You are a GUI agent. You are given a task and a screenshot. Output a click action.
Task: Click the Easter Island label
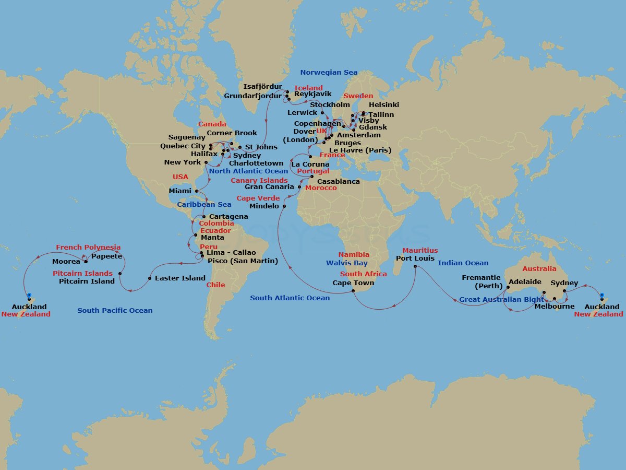click(x=180, y=278)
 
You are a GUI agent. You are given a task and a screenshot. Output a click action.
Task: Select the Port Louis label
click(x=415, y=258)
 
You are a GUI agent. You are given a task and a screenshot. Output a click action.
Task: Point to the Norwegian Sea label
click(x=329, y=73)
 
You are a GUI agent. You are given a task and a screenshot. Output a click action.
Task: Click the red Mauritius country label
click(x=420, y=251)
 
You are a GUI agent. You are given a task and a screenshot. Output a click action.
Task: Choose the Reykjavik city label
click(x=313, y=95)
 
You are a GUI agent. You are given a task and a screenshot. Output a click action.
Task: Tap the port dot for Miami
click(x=197, y=191)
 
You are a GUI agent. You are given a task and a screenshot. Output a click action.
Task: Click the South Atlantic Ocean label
click(x=290, y=298)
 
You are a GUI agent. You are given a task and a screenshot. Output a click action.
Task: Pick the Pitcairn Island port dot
click(x=120, y=274)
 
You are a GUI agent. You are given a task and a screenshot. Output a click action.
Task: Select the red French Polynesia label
click(x=88, y=248)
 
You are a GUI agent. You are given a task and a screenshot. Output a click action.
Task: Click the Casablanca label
click(x=339, y=182)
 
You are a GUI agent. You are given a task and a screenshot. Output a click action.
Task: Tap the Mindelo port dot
click(x=284, y=206)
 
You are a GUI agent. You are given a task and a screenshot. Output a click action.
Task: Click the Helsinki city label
click(x=384, y=105)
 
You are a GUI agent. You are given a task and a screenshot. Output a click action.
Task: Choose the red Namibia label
click(x=354, y=255)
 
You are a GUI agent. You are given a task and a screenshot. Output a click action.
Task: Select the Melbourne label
click(x=555, y=307)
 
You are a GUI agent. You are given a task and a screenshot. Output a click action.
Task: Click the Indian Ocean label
click(x=463, y=263)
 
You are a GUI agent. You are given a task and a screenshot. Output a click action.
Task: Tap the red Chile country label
click(x=215, y=285)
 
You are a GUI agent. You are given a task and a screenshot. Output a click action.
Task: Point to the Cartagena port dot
click(x=203, y=217)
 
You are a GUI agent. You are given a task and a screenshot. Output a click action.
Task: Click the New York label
click(x=183, y=162)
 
